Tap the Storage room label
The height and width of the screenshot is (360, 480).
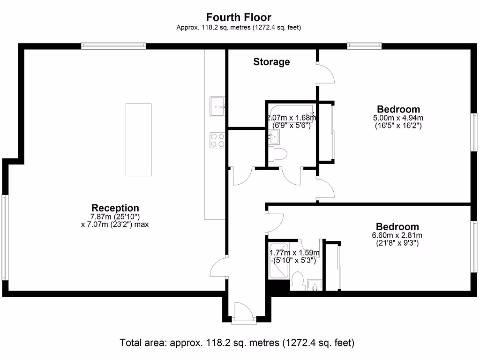(271, 62)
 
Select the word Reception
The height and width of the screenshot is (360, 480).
(115, 208)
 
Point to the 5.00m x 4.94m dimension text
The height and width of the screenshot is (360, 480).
(398, 118)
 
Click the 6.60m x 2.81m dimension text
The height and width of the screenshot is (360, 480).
(397, 235)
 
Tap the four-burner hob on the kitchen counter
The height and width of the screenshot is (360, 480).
(217, 140)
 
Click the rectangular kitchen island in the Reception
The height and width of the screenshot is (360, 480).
(138, 140)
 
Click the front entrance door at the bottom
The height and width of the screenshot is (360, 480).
(244, 313)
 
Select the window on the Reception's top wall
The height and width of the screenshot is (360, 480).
(113, 45)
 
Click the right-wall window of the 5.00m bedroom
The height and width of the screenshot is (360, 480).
(474, 132)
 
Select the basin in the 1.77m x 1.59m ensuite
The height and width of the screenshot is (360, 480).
(314, 285)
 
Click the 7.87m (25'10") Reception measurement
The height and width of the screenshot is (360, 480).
(115, 217)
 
